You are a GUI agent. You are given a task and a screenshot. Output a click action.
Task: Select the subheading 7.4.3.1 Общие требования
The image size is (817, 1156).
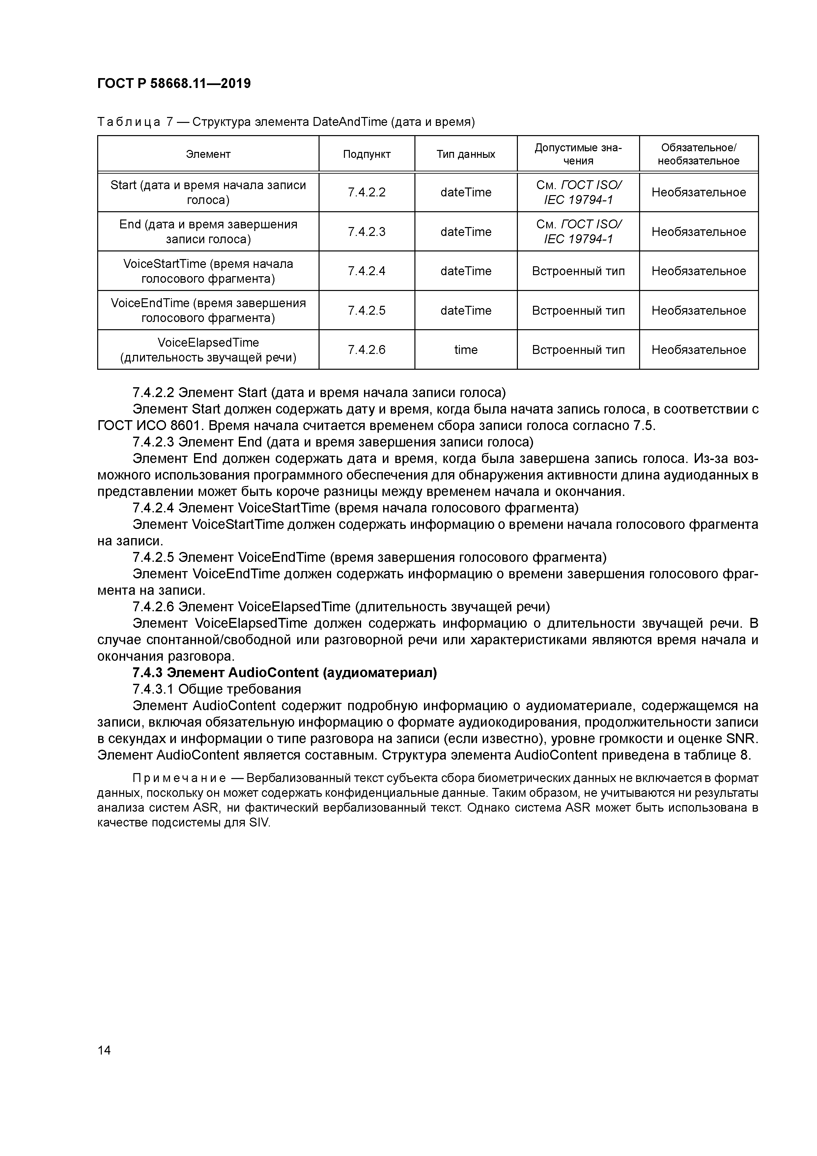(x=216, y=689)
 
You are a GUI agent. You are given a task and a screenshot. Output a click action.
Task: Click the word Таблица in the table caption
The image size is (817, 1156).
(x=128, y=122)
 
